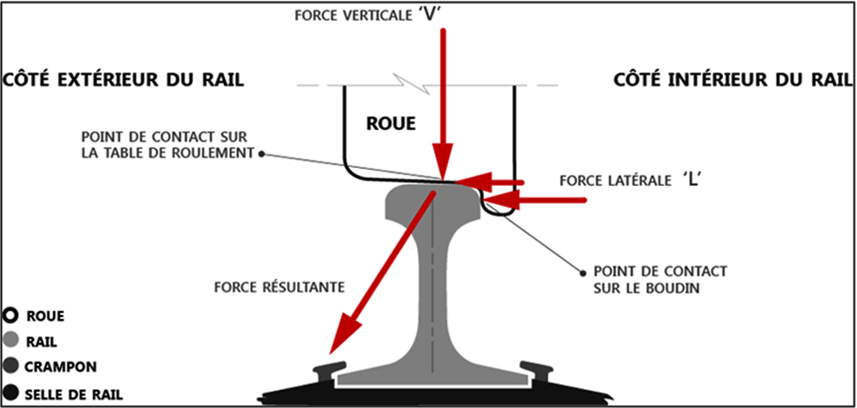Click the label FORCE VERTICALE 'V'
pos(367,15)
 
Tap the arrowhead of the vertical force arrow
pos(443,159)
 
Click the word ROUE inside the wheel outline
pos(391,123)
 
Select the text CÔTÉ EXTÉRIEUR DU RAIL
pos(123,80)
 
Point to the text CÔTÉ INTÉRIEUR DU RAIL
pos(733,80)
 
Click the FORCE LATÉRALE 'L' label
pos(630,180)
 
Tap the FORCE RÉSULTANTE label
pos(279,287)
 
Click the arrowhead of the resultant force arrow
pos(342,334)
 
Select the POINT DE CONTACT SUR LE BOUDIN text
pos(660,279)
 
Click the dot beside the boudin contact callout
pos(583,273)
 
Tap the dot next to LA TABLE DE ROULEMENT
pos(262,154)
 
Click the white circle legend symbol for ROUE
pos(11,315)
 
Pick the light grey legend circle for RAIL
pos(11,339)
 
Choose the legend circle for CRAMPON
pos(11,365)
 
